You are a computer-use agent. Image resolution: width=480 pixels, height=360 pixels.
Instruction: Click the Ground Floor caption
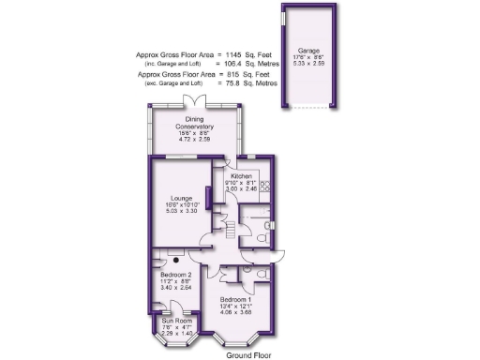(248, 354)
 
